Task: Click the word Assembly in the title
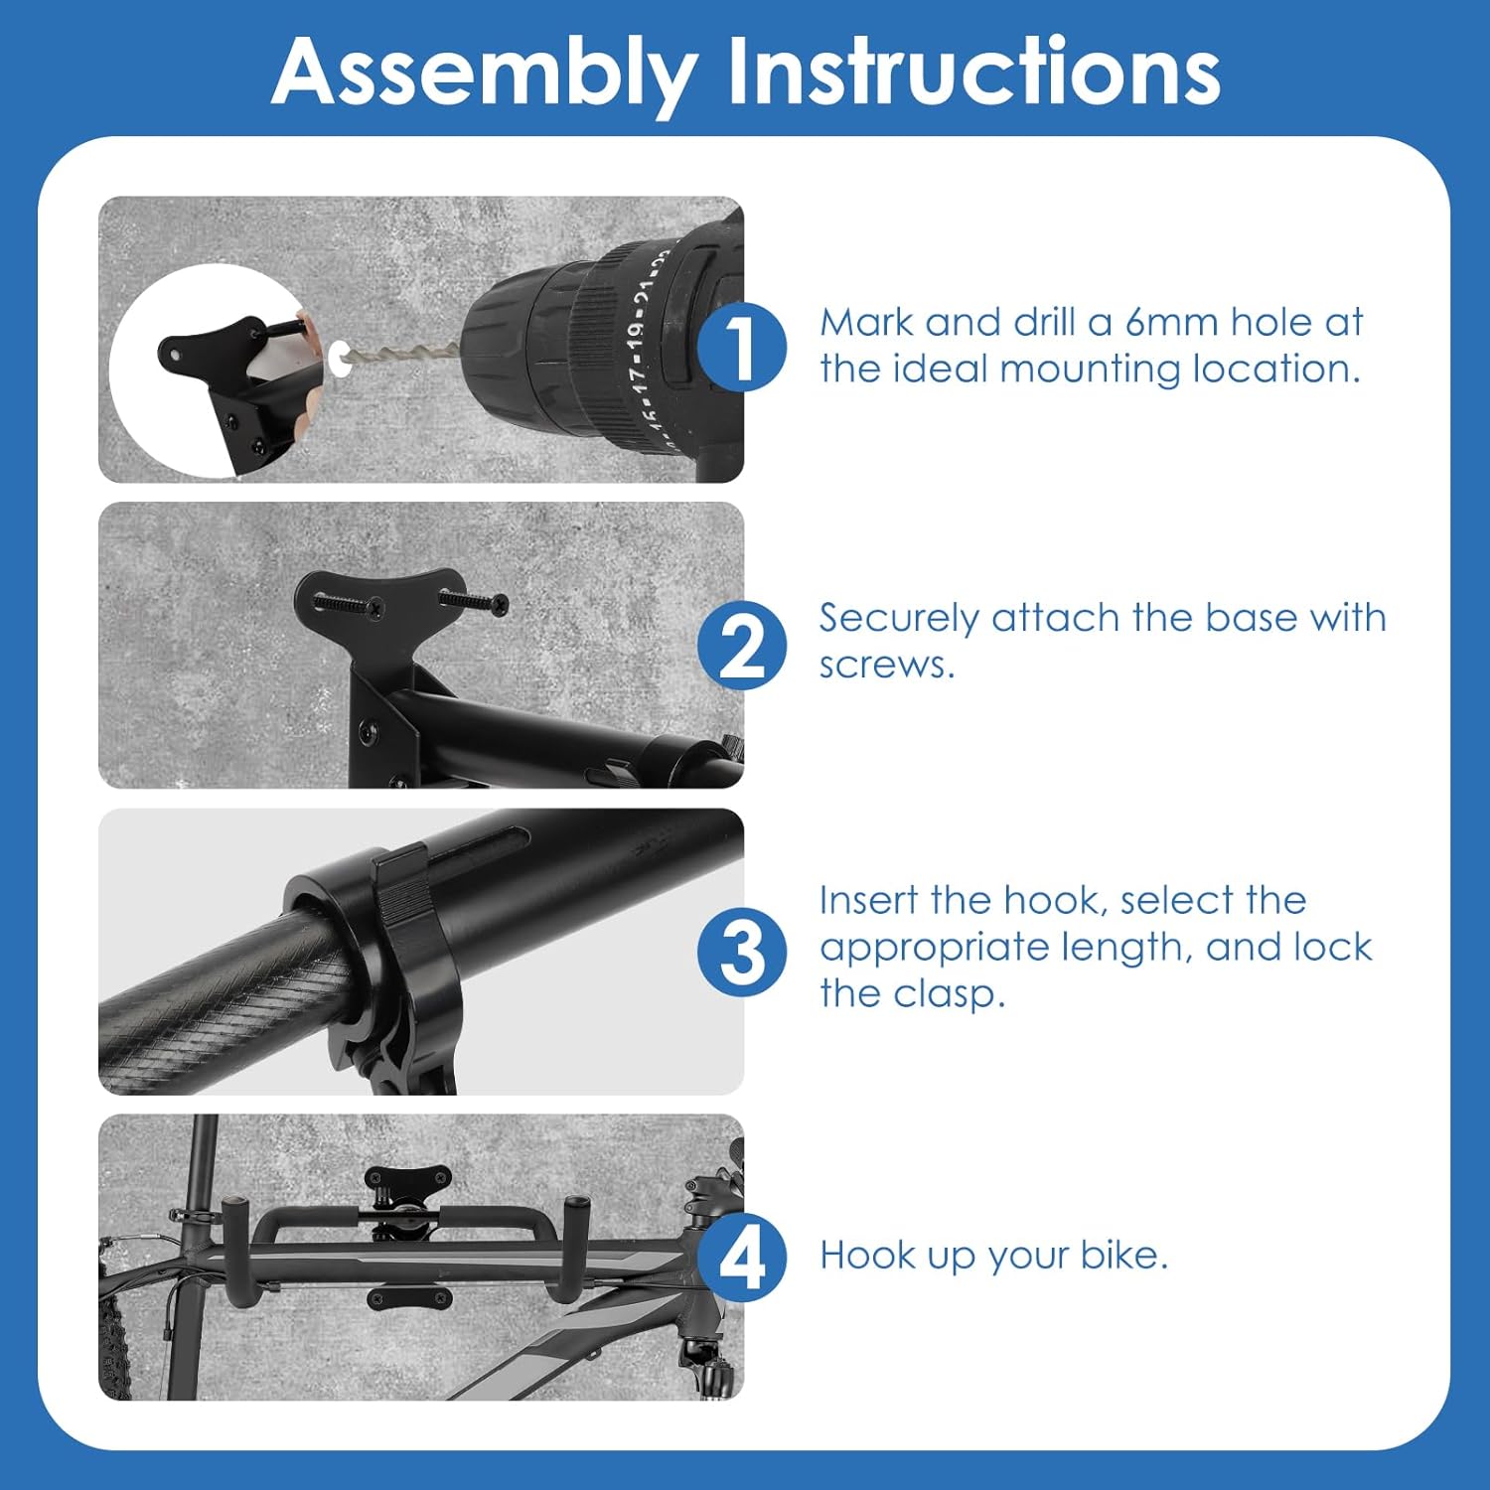tap(484, 74)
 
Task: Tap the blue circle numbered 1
tap(741, 347)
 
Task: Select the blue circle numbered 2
tap(741, 646)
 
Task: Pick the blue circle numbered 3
tap(741, 952)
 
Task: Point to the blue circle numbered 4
tap(741, 1257)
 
